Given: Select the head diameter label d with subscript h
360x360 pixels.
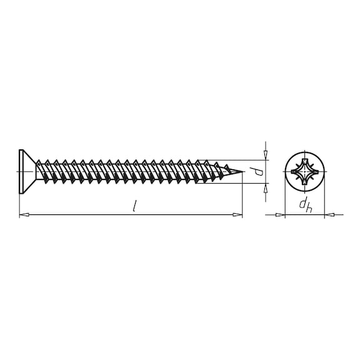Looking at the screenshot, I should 304,204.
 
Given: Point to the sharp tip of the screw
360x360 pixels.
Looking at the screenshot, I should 241,171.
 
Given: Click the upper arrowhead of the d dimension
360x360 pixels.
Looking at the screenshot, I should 266,155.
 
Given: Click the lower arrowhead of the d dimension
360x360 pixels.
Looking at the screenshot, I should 266,187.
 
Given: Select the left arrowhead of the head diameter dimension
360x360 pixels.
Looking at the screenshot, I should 281,215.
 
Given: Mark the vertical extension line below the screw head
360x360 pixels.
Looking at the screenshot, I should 19,203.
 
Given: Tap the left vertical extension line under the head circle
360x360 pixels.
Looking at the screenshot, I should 285,203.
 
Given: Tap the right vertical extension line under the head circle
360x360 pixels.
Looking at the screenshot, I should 324,203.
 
